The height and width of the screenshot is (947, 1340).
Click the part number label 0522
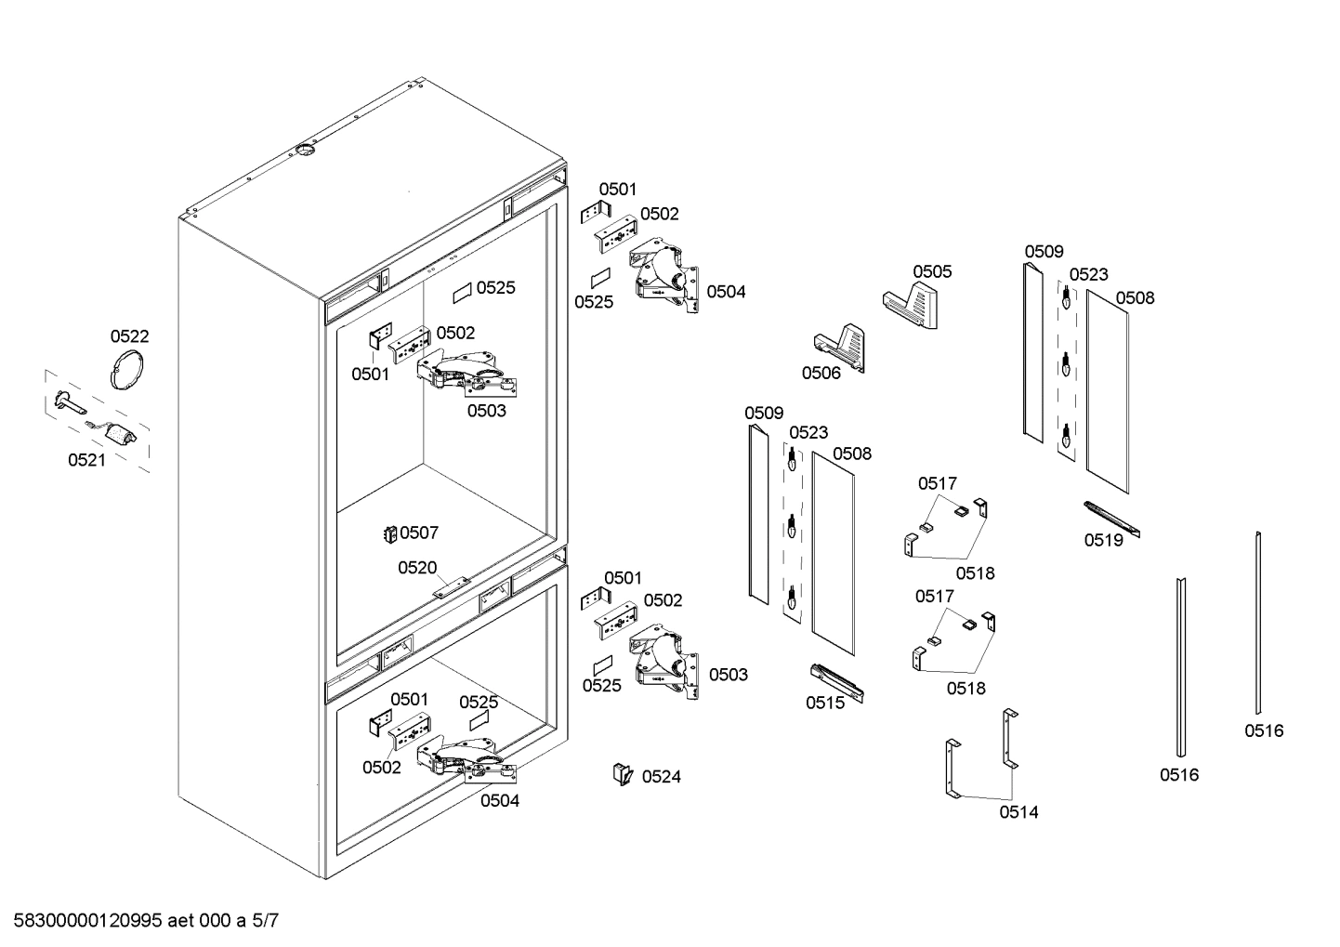pyautogui.click(x=129, y=336)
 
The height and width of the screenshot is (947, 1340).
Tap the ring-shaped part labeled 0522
pyautogui.click(x=127, y=369)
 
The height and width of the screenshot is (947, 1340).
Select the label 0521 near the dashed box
pyautogui.click(x=86, y=459)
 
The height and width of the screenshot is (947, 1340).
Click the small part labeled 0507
pyautogui.click(x=391, y=533)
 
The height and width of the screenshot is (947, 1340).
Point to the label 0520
pyautogui.click(x=417, y=568)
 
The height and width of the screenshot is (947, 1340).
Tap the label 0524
pyautogui.click(x=661, y=776)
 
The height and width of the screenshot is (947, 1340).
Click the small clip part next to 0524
pyautogui.click(x=621, y=773)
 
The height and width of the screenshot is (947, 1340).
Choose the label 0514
pyautogui.click(x=1018, y=812)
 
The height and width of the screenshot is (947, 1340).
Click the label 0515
pyautogui.click(x=825, y=703)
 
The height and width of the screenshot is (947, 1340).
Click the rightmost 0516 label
pyautogui.click(x=1264, y=730)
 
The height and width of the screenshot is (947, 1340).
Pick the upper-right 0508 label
pyautogui.click(x=1135, y=297)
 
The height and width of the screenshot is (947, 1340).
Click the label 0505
pyautogui.click(x=931, y=271)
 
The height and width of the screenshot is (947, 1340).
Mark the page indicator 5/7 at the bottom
pyautogui.click(x=264, y=922)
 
